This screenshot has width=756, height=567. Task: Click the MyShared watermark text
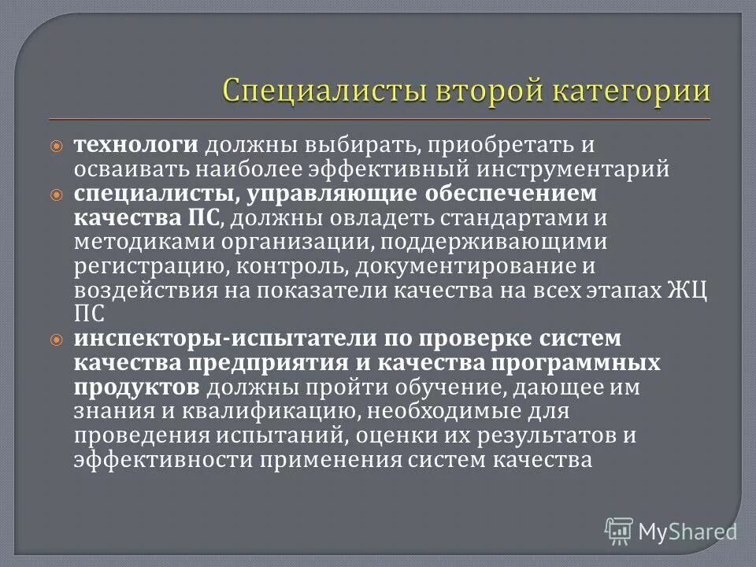click(x=688, y=530)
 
